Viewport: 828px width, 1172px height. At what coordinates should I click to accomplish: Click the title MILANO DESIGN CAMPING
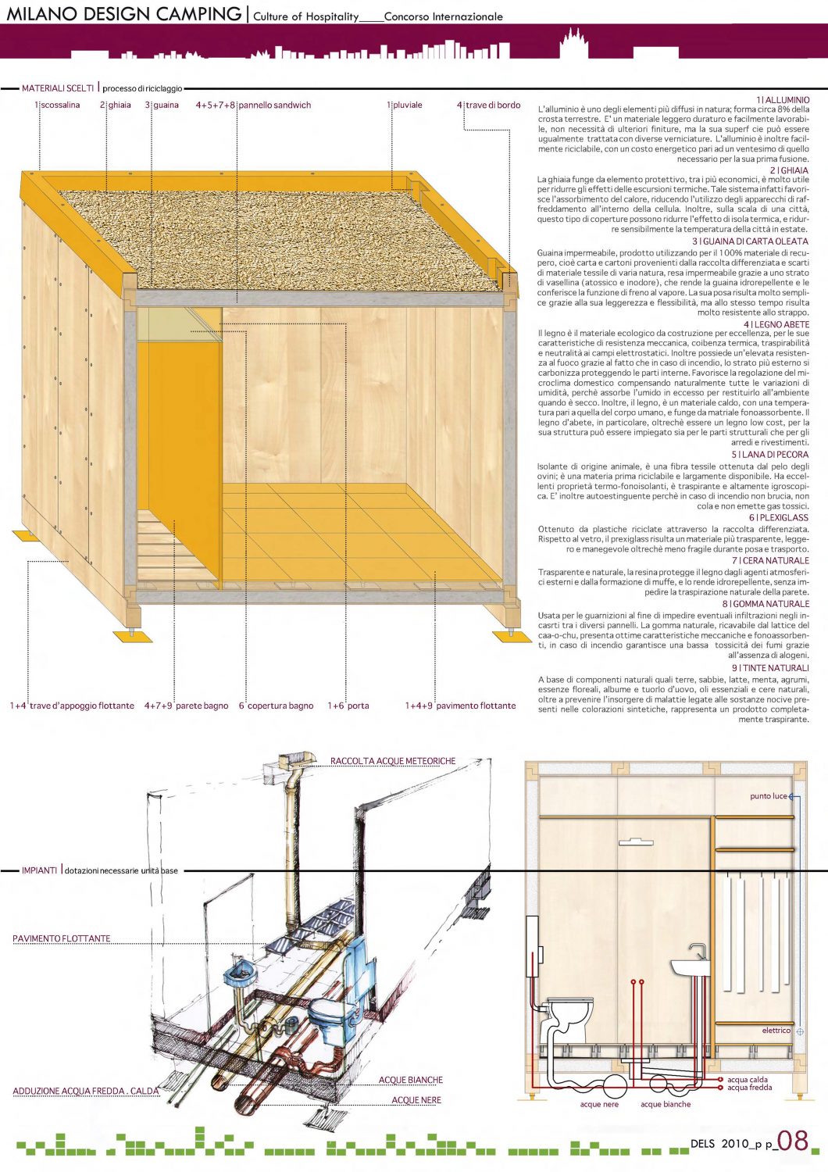(124, 14)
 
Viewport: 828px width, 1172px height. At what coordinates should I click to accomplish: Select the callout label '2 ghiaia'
(116, 105)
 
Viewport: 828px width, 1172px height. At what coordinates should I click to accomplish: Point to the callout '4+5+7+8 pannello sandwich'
(253, 105)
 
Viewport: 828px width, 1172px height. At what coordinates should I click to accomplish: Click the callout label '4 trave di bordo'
(489, 105)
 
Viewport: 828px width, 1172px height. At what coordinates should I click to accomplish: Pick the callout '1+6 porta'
(348, 706)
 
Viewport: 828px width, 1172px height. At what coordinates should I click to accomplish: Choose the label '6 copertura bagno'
(276, 706)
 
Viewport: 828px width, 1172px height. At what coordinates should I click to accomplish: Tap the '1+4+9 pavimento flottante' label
(460, 706)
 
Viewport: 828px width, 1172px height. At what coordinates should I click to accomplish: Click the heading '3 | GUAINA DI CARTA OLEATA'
(751, 241)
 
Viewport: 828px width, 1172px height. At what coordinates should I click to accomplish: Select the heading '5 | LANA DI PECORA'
(770, 454)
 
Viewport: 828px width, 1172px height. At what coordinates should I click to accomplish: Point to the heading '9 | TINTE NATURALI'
(770, 668)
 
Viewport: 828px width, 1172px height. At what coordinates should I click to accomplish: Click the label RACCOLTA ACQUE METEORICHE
(392, 761)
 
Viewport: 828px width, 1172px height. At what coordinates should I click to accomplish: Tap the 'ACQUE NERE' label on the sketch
(416, 1100)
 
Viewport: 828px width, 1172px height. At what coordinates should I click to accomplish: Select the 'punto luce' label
(769, 796)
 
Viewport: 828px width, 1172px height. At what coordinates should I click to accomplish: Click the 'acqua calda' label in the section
(748, 1080)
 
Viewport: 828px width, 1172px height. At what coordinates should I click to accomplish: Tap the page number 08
(793, 1141)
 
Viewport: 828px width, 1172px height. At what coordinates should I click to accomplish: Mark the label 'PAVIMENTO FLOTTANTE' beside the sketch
(62, 938)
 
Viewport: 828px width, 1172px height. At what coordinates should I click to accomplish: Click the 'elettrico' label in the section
(776, 1031)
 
